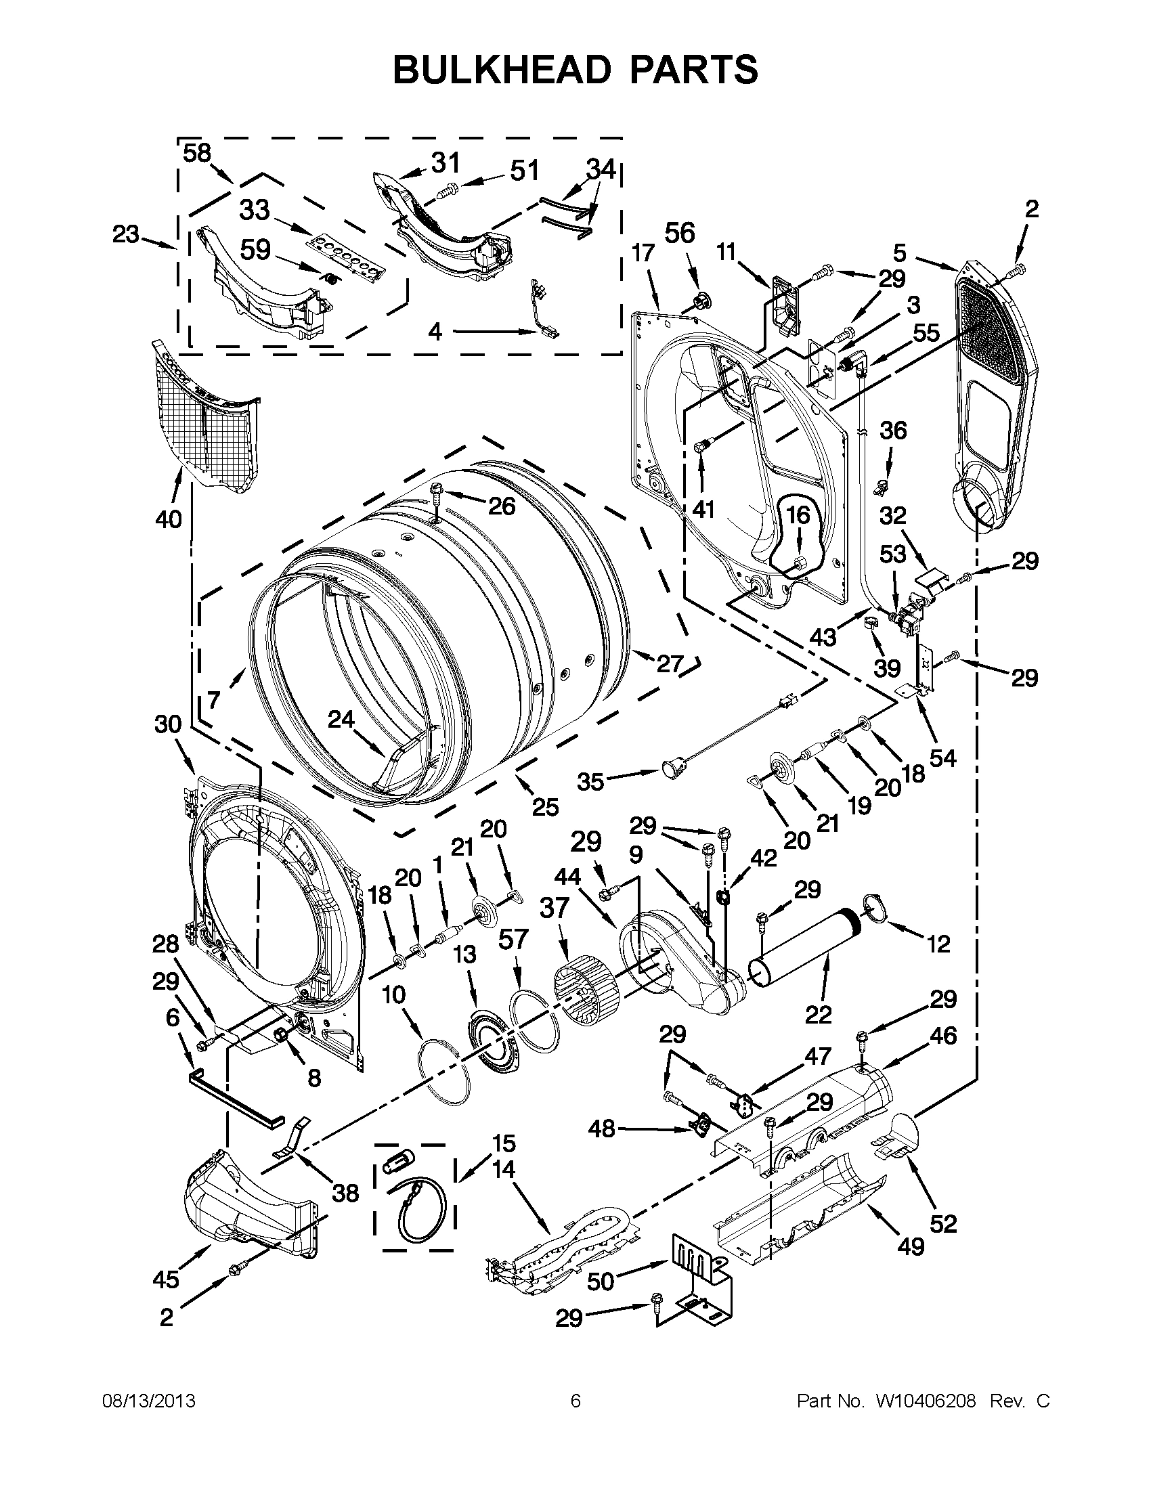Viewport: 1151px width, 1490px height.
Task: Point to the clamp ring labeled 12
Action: click(875, 906)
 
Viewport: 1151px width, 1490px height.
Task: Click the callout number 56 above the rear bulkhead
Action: click(680, 234)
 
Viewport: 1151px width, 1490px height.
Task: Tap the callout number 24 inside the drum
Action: click(341, 719)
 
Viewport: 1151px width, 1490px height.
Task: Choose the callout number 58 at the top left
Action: click(197, 153)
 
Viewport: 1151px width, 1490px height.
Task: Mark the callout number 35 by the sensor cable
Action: click(591, 781)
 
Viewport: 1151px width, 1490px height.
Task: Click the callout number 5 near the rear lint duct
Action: click(900, 253)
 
